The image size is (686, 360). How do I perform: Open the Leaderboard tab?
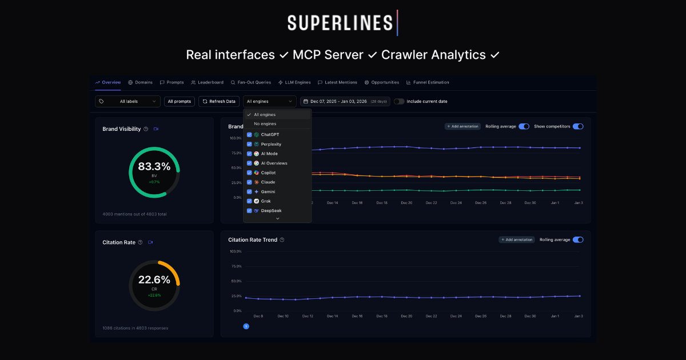click(x=207, y=82)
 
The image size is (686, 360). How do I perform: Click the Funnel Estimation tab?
click(x=428, y=82)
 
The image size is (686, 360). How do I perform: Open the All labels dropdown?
click(x=127, y=101)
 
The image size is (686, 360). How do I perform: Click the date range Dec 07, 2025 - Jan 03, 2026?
click(x=345, y=101)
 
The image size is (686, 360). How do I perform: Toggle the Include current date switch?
click(x=398, y=101)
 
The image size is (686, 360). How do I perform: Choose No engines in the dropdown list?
click(x=265, y=123)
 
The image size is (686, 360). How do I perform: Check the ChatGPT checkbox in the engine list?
click(x=249, y=134)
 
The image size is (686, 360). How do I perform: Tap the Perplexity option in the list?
click(x=271, y=144)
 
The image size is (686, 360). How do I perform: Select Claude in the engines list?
click(x=268, y=182)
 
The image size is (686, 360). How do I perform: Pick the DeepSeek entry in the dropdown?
click(x=271, y=211)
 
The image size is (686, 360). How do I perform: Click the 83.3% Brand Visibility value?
click(x=154, y=167)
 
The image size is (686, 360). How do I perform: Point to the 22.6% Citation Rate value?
click(x=154, y=280)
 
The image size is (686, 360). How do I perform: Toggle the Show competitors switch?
click(x=578, y=126)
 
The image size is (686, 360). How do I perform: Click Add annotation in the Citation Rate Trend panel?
click(x=517, y=240)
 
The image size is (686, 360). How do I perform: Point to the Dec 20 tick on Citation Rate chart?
click(x=406, y=316)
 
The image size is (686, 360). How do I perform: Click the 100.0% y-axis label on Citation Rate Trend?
click(x=235, y=251)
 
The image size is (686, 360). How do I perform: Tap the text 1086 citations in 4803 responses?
click(x=135, y=328)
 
